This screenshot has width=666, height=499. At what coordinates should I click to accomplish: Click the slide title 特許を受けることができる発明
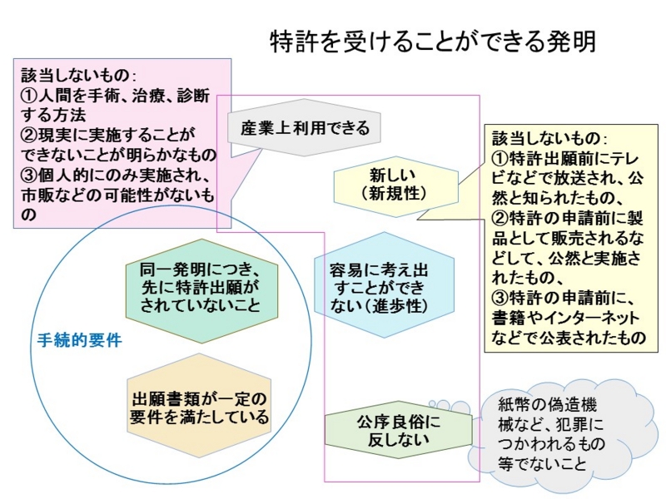[433, 42]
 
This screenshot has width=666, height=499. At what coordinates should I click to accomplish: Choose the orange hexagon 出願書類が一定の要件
[200, 405]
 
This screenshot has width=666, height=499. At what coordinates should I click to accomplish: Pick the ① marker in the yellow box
[500, 157]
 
